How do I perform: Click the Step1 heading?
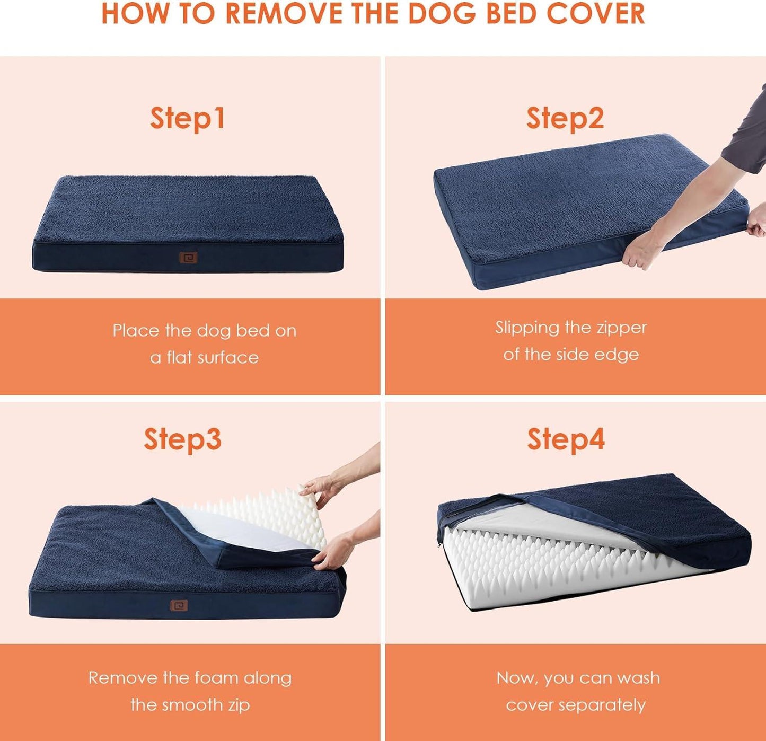187,118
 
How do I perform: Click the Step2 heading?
565,118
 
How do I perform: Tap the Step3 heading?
182,439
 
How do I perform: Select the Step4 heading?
566,439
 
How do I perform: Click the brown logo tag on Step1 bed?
188,258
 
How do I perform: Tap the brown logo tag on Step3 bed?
179,606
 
